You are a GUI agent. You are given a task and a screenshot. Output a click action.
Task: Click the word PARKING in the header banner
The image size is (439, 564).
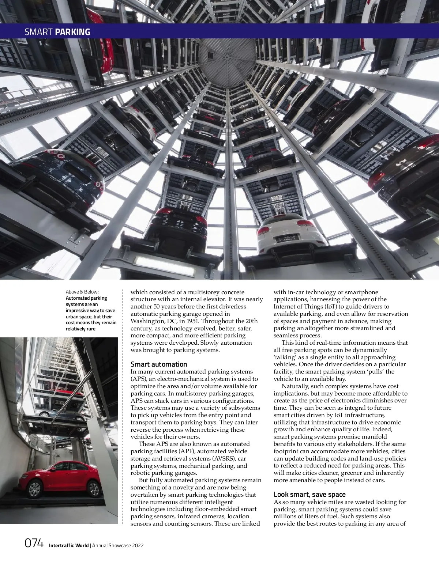(72, 32)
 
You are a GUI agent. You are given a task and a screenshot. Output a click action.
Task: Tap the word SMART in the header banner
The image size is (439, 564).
(39, 32)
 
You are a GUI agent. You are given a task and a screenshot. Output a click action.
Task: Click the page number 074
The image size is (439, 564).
(34, 544)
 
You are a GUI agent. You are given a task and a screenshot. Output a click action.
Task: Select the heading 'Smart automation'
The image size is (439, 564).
(159, 364)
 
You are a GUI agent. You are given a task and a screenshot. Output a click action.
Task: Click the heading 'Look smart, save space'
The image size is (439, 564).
(309, 495)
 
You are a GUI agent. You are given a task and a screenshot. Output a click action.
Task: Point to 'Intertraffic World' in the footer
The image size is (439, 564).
(69, 545)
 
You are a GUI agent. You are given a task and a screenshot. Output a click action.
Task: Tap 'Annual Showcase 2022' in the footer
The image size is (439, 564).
(118, 545)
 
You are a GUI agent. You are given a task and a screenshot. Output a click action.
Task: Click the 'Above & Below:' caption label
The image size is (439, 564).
(82, 292)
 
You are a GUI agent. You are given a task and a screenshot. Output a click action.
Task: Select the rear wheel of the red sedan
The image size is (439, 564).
(93, 489)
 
